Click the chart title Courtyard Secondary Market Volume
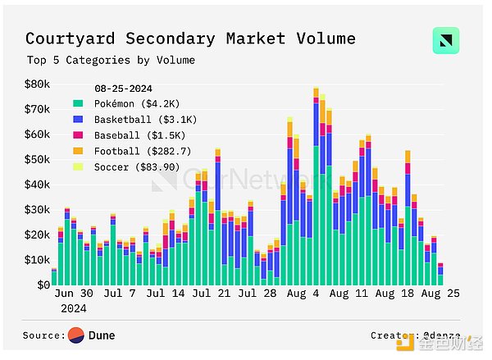click(x=190, y=39)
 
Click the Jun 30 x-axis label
click(x=73, y=293)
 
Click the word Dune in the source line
click(x=102, y=335)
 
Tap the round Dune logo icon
click(x=76, y=335)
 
